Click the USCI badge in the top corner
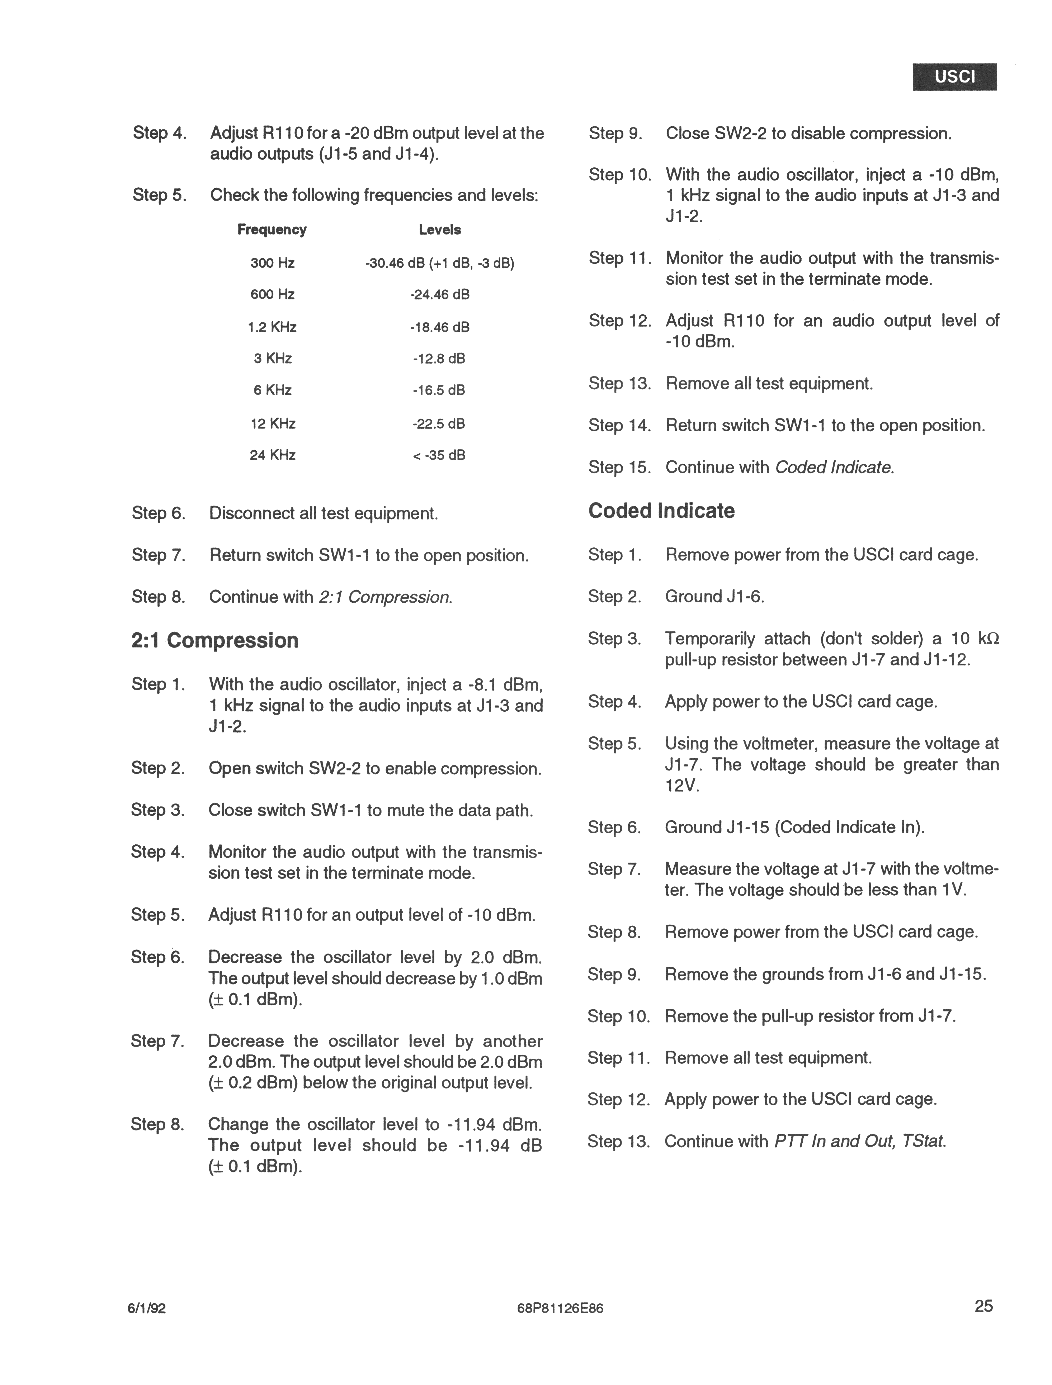pos(954,77)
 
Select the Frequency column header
pos(272,230)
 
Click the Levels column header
pos(440,230)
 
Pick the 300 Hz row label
pos(272,263)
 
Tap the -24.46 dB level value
pos(440,294)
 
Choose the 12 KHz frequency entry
pos(272,424)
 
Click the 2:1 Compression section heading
pos(215,641)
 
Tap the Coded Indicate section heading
pos(661,511)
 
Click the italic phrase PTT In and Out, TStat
pos(860,1142)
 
